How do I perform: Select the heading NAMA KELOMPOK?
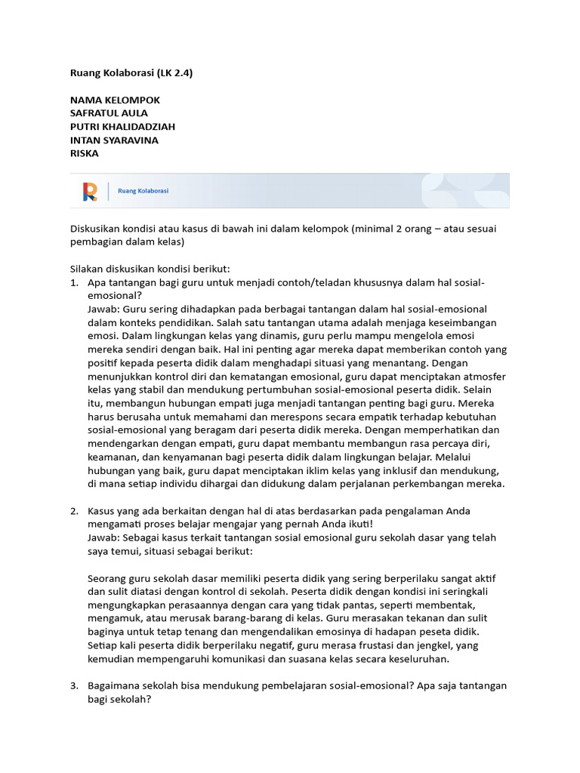[x=115, y=100]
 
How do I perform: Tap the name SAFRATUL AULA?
[x=109, y=113]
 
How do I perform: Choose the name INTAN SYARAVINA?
[x=114, y=140]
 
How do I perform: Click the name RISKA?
[x=84, y=153]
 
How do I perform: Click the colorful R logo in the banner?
[x=90, y=192]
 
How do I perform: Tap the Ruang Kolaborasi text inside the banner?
[x=143, y=192]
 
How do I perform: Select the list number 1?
[x=74, y=282]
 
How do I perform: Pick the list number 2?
[x=74, y=511]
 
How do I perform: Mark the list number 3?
[x=74, y=685]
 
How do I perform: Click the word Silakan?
[x=88, y=269]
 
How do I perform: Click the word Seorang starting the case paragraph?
[x=108, y=578]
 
